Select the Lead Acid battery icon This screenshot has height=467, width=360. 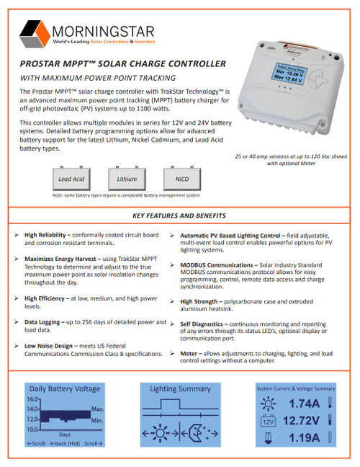tap(71, 178)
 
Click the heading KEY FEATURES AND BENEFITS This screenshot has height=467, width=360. tap(179, 215)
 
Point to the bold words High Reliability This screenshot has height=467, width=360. tap(48, 235)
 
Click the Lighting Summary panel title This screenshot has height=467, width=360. tap(179, 388)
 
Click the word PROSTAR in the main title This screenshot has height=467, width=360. tap(42, 63)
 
